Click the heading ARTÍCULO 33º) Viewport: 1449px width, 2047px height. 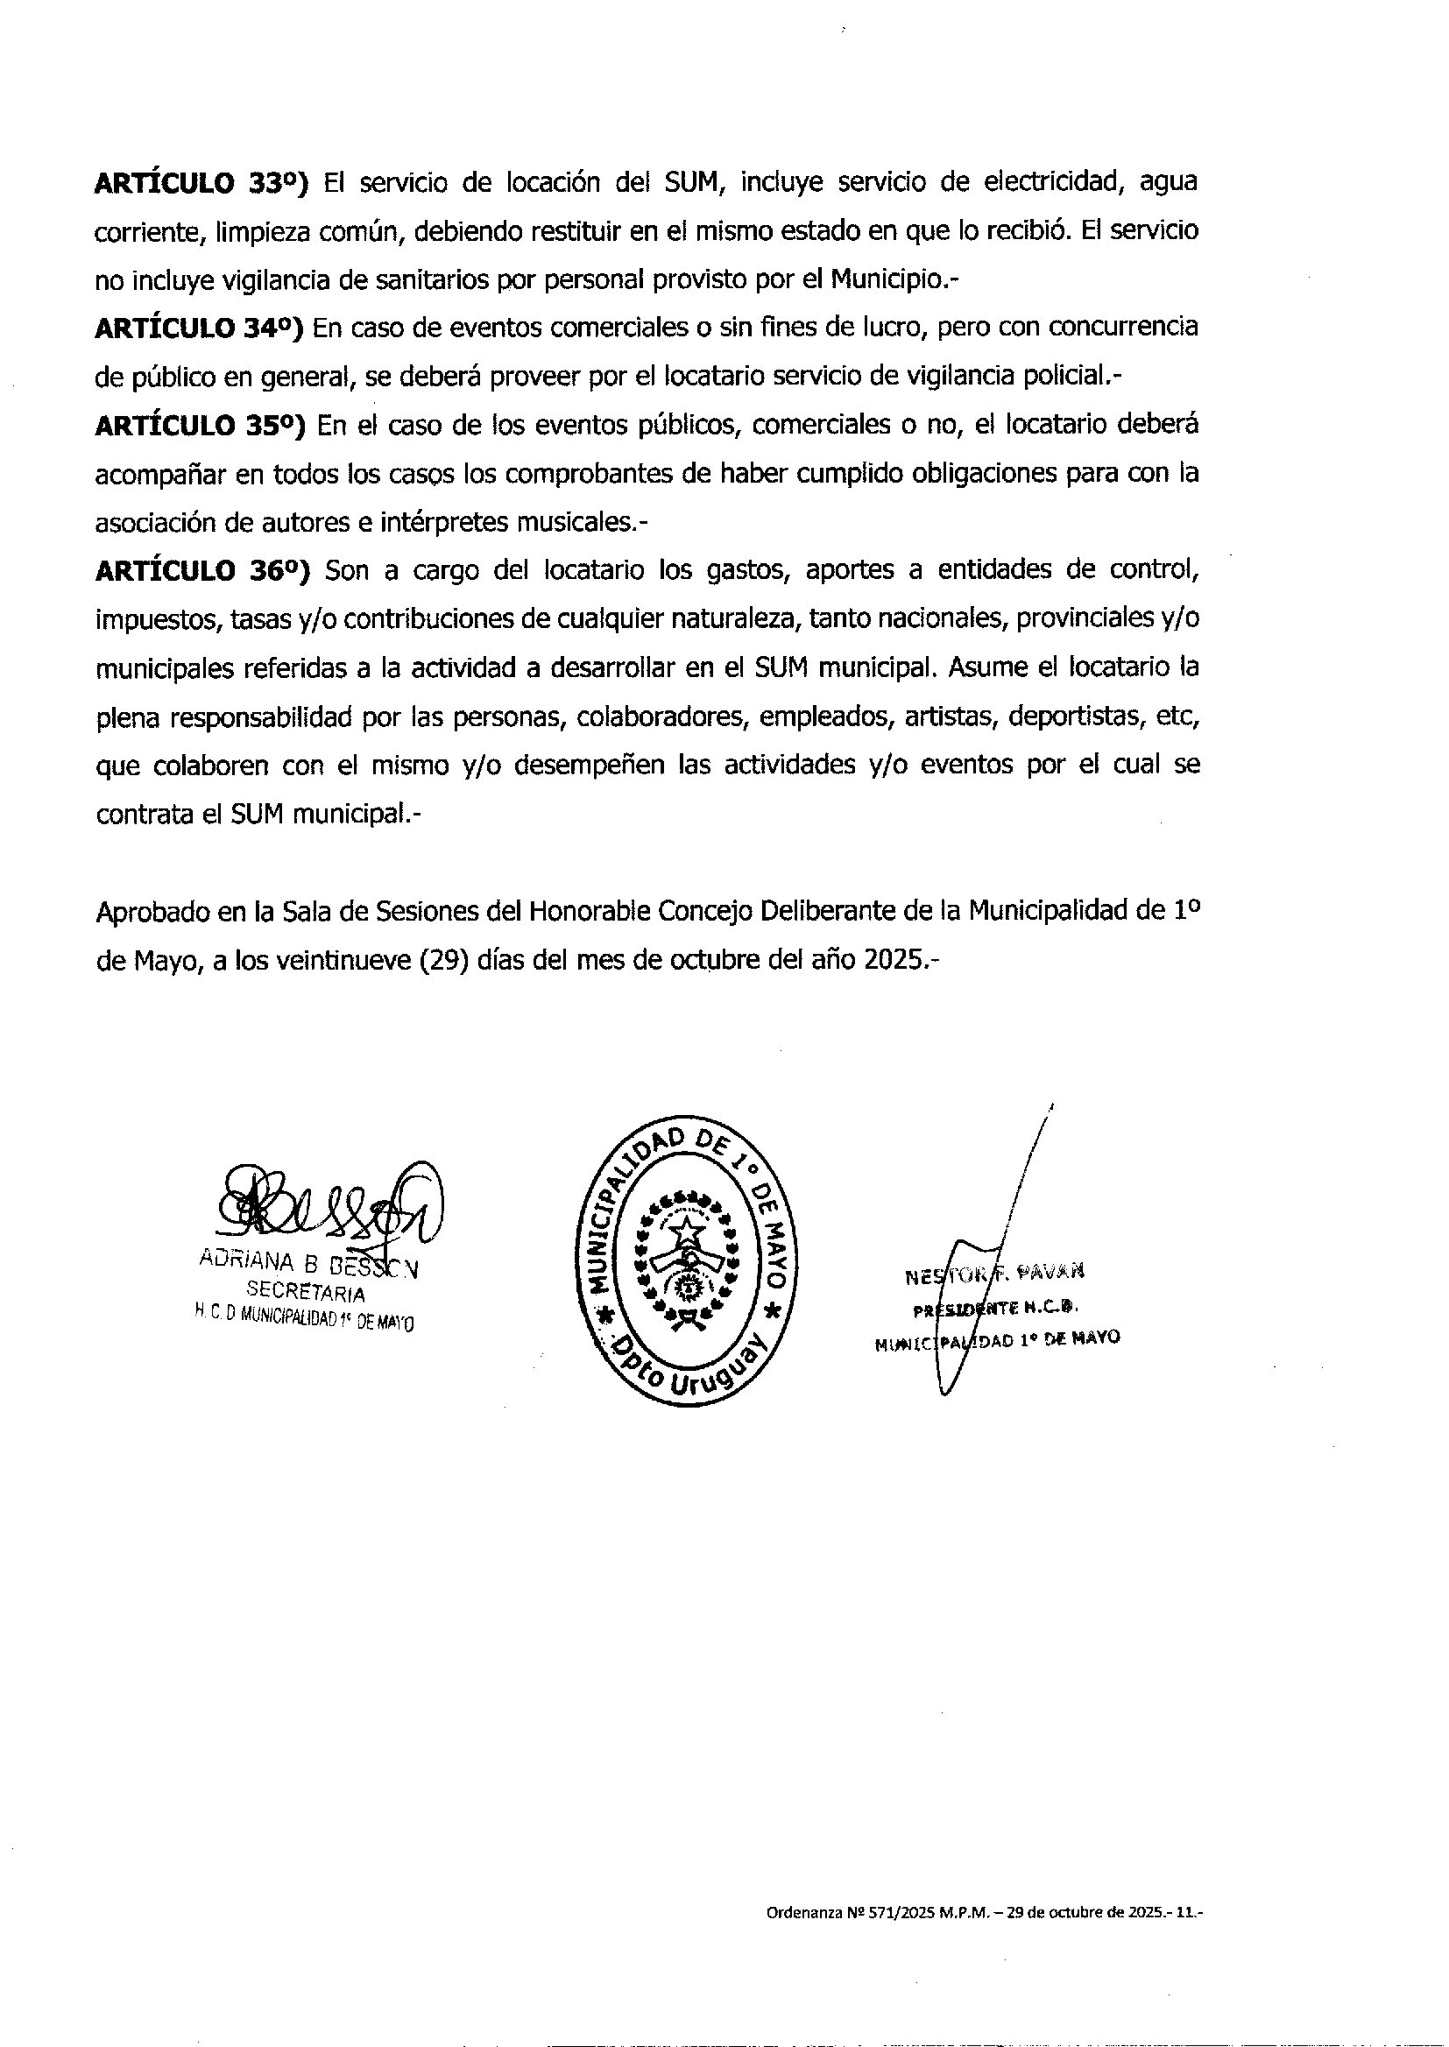(x=201, y=183)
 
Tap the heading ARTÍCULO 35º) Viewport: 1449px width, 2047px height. (x=200, y=426)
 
